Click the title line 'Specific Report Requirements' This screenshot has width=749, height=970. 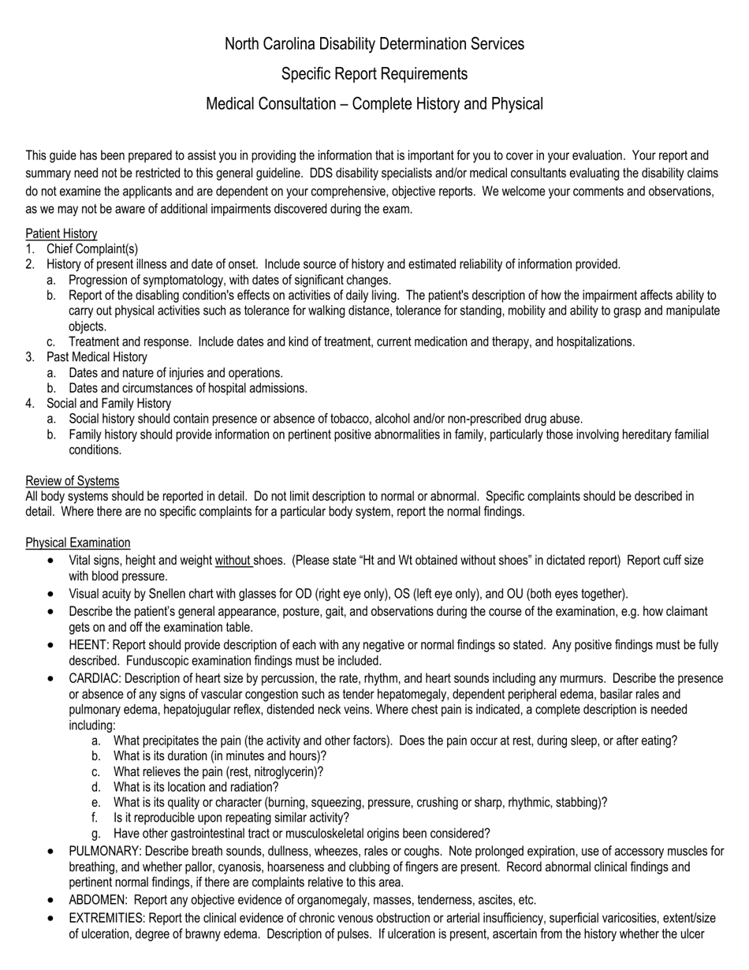click(374, 73)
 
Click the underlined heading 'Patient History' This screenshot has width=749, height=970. click(61, 233)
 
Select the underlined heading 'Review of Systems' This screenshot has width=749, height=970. click(73, 481)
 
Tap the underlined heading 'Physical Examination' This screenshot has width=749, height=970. click(78, 543)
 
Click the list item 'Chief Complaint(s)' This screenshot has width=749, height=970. click(92, 249)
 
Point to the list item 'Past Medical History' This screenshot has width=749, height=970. click(97, 357)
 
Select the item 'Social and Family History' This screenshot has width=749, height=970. click(109, 404)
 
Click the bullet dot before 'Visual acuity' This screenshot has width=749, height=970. click(51, 594)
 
